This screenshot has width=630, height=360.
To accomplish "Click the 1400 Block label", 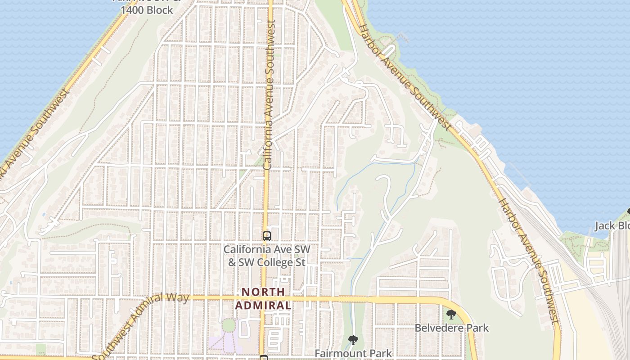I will pyautogui.click(x=148, y=10).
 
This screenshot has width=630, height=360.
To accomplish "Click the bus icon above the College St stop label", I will pyautogui.click(x=266, y=236).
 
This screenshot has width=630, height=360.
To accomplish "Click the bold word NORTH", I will pyautogui.click(x=263, y=292).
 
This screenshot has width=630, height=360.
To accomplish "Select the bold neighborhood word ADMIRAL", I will pyautogui.click(x=263, y=306).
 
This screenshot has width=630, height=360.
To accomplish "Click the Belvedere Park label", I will pyautogui.click(x=451, y=328).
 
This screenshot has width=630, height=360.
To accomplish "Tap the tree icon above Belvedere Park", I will pyautogui.click(x=451, y=315).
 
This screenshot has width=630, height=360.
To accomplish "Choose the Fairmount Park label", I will pyautogui.click(x=353, y=353).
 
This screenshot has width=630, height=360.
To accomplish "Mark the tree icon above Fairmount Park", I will pyautogui.click(x=353, y=340).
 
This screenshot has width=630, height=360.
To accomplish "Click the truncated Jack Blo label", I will pyautogui.click(x=612, y=225).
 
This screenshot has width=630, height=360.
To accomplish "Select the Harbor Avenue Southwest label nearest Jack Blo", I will pyautogui.click(x=529, y=261).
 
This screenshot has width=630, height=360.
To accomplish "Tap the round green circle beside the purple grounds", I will pyautogui.click(x=229, y=325).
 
